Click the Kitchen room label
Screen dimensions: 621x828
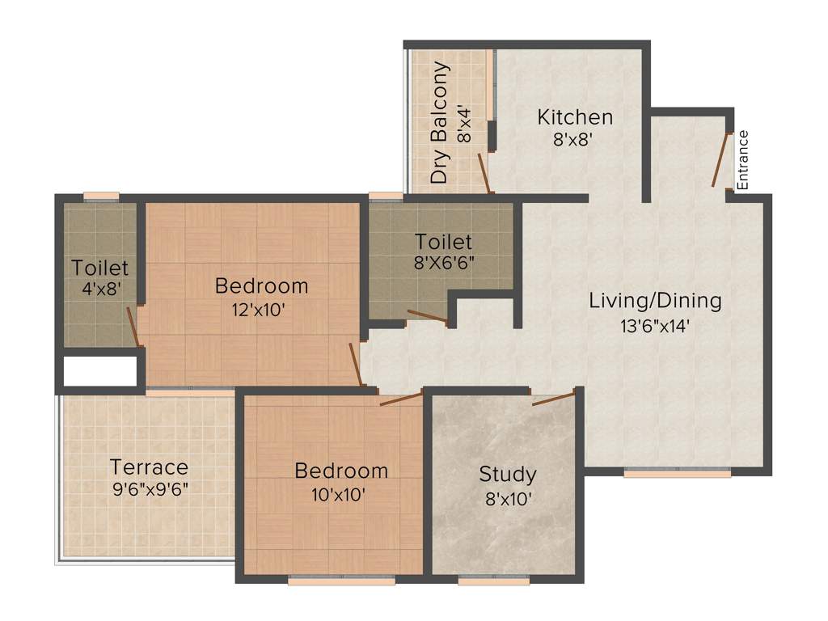click(575, 117)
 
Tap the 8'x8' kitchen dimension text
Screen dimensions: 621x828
click(575, 138)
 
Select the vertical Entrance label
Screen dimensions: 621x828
click(743, 159)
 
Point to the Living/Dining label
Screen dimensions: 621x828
click(654, 302)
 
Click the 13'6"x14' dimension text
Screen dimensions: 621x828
click(654, 326)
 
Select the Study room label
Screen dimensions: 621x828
click(507, 474)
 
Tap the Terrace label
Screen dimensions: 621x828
click(149, 467)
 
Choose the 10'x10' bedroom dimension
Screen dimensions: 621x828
click(340, 493)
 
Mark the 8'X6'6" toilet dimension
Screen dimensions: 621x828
click(443, 263)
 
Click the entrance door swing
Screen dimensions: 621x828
click(720, 160)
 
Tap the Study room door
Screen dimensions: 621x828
click(553, 396)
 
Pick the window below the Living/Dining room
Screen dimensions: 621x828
click(678, 473)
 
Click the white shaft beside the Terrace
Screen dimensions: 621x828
click(99, 371)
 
